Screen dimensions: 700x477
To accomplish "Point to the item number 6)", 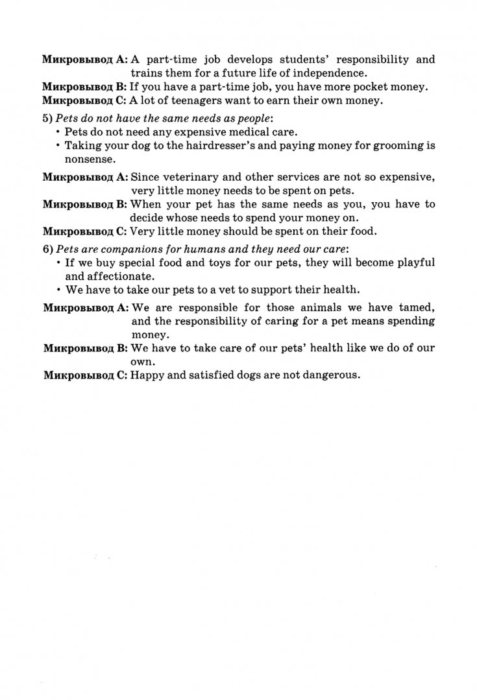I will [x=47, y=250].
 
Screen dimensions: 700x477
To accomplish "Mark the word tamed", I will [x=415, y=308].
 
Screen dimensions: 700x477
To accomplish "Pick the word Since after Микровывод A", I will [x=145, y=177].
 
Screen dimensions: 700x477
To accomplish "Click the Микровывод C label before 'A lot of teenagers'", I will [x=84, y=100].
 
